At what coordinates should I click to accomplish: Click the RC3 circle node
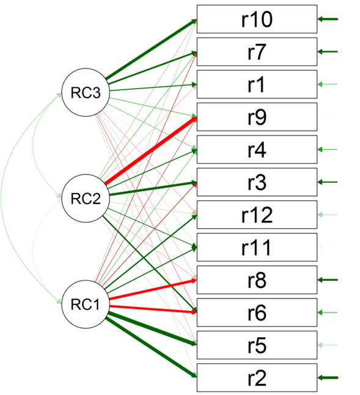pos(86,92)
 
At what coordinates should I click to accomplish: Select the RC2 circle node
pos(86,198)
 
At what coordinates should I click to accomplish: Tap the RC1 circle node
pos(86,304)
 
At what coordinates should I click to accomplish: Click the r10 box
pos(257,19)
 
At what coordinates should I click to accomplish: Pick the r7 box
pos(257,52)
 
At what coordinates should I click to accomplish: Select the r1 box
pos(257,84)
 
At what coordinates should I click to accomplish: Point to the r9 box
pos(257,117)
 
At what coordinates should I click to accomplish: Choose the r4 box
pos(257,150)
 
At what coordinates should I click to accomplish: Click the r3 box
pos(257,182)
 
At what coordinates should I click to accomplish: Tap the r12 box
pos(257,215)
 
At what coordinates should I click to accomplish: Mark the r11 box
pos(257,247)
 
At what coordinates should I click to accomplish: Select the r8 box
pos(257,280)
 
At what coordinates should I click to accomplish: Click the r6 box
pos(257,313)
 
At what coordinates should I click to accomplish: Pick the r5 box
pos(257,345)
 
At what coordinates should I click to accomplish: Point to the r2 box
pos(257,377)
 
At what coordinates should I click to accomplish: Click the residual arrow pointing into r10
pos(328,19)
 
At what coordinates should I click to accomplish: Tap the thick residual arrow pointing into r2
pos(328,377)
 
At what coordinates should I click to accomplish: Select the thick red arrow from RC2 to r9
pos(151,151)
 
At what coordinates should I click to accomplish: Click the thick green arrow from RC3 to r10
pos(151,49)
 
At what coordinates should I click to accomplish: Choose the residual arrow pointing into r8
pos(328,280)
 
